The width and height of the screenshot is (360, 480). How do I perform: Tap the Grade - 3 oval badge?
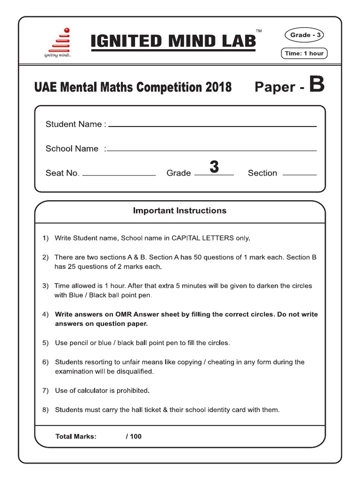pyautogui.click(x=304, y=35)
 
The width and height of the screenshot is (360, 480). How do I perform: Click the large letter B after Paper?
pyautogui.click(x=316, y=86)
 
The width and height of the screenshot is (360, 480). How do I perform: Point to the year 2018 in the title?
pyautogui.click(x=218, y=87)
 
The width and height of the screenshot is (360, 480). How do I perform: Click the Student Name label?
pyautogui.click(x=75, y=124)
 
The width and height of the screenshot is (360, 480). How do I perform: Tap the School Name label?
pyautogui.click(x=72, y=149)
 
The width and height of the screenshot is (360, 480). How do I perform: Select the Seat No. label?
pyautogui.click(x=62, y=173)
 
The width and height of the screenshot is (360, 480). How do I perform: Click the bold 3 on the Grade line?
pyautogui.click(x=214, y=167)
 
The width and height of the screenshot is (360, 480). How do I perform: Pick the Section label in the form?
pyautogui.click(x=262, y=173)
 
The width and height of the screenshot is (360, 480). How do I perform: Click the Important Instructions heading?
pyautogui.click(x=180, y=210)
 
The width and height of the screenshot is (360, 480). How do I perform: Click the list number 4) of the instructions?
pyautogui.click(x=45, y=314)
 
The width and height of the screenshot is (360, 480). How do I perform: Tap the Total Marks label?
pyautogui.click(x=76, y=436)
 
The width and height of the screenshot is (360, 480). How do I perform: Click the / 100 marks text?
pyautogui.click(x=134, y=436)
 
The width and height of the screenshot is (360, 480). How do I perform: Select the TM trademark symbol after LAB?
pyautogui.click(x=259, y=31)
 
